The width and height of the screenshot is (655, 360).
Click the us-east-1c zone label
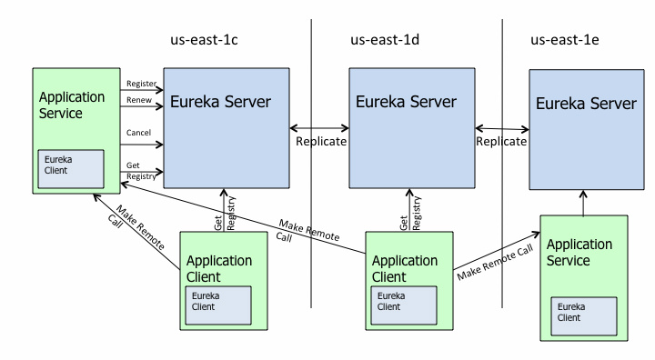pos(204,40)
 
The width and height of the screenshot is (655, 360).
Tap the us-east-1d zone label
pos(385,40)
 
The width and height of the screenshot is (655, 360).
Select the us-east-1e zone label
pos(565,40)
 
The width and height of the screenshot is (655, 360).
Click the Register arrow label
pos(141,84)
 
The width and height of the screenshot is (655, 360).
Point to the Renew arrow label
pos(139,100)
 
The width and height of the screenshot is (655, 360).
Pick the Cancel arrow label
pos(138,133)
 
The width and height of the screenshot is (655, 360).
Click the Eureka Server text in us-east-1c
pos(220,102)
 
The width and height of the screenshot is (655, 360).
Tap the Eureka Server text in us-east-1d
pos(406,102)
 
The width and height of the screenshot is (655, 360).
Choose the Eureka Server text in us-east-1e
pos(586,103)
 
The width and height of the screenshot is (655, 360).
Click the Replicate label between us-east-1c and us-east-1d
pos(321,141)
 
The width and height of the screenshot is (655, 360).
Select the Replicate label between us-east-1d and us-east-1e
pos(501,141)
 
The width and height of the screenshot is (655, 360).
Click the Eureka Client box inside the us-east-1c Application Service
pos(71,169)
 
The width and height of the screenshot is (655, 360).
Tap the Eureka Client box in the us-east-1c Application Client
pos(218,305)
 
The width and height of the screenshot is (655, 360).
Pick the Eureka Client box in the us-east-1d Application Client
pos(404,305)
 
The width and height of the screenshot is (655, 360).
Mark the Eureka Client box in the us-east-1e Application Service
pos(584,316)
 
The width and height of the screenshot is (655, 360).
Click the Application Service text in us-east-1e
pos(579,252)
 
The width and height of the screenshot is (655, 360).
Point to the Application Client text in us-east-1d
pos(405,268)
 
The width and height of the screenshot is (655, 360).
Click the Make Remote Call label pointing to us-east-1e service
pos(496,263)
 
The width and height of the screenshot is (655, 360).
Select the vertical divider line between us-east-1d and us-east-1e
pos(502,164)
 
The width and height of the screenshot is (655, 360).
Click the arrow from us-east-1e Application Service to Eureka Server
pos(583,203)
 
